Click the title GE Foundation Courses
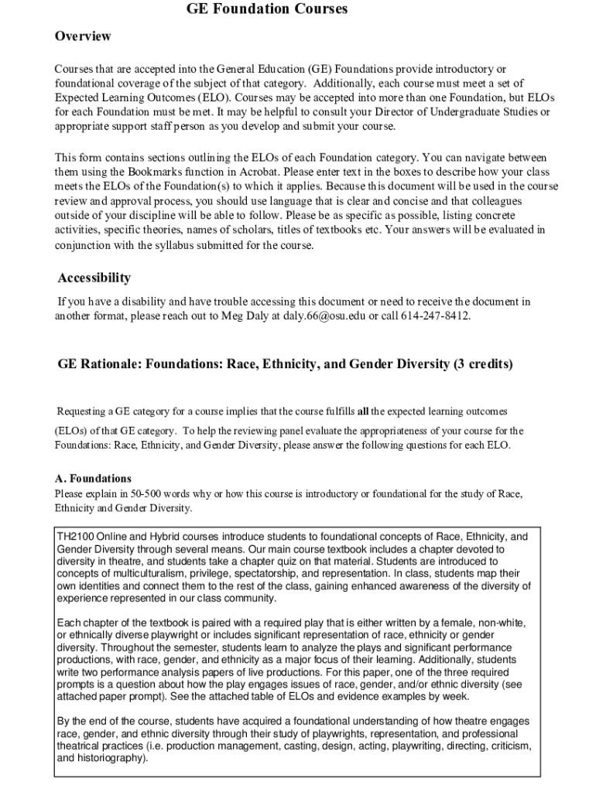(x=266, y=9)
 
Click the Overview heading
(x=83, y=36)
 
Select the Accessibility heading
(x=94, y=278)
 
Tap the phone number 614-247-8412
(x=435, y=316)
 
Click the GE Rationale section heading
(x=285, y=364)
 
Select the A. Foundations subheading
(x=93, y=479)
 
